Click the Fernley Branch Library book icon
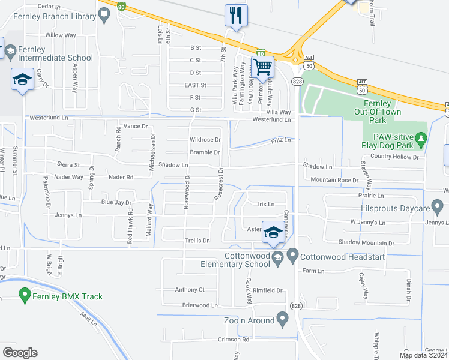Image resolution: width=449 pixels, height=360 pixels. point(104,13)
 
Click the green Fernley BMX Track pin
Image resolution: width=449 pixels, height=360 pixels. point(25,295)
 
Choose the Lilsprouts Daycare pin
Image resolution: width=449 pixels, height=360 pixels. point(437,208)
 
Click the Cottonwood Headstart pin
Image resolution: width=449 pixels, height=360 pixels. point(292,256)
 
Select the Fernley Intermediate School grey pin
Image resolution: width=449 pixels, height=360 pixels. point(10,53)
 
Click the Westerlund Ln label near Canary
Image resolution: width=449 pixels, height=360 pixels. point(271,119)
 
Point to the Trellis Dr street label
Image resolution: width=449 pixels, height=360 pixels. point(196,241)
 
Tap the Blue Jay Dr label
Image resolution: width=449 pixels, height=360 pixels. point(116,203)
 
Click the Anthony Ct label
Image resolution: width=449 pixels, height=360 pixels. point(190,290)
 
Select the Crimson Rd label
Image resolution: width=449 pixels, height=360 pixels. point(221,340)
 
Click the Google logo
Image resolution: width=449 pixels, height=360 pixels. point(20,352)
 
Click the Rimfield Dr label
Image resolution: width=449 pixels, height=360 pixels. point(267,290)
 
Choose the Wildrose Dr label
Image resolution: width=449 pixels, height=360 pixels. point(205,140)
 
